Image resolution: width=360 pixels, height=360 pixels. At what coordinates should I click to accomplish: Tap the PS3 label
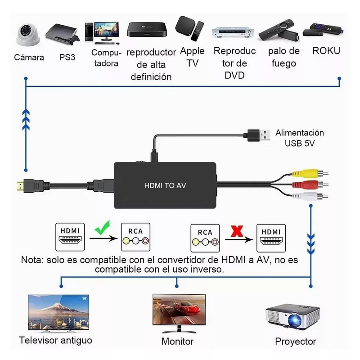coord(68,58)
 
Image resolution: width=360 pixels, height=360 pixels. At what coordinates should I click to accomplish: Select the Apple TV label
coord(192,57)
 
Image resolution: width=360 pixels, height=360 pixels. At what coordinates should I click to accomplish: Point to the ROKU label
coord(326,50)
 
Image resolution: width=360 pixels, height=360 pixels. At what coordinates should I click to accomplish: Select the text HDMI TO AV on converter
coord(165,185)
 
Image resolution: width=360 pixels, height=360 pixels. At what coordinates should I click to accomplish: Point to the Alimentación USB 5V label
coord(300,138)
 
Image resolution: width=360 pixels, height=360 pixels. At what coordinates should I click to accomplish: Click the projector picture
coord(293,318)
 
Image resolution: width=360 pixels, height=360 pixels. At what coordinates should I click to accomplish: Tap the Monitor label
coord(177,342)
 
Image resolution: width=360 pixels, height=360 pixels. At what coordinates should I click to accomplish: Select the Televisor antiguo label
coord(56,340)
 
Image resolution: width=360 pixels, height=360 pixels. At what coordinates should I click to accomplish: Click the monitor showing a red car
coord(179,311)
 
